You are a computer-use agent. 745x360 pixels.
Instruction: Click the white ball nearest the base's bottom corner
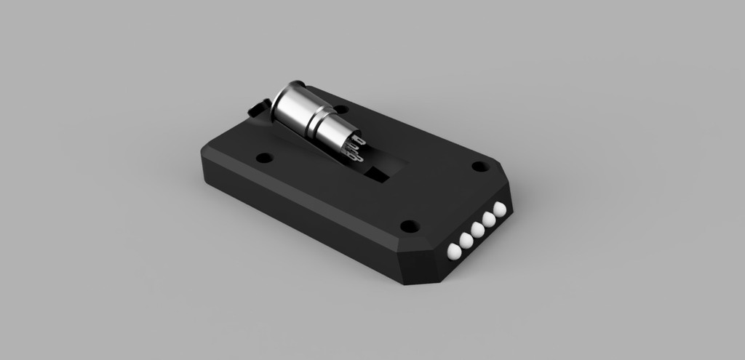pyautogui.click(x=454, y=252)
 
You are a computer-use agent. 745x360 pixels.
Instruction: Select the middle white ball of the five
pyautogui.click(x=477, y=229)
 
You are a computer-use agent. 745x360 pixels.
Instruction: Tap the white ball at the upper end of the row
pyautogui.click(x=499, y=209)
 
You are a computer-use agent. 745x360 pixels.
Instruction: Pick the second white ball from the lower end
pyautogui.click(x=466, y=240)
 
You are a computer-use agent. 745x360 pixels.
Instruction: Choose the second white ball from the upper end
pyautogui.click(x=488, y=219)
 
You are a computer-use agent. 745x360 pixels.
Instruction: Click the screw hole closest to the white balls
pyautogui.click(x=409, y=226)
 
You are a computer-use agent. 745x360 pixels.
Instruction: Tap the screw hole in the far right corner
pyautogui.click(x=479, y=167)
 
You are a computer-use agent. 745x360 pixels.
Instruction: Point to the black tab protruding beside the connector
pyautogui.click(x=256, y=108)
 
